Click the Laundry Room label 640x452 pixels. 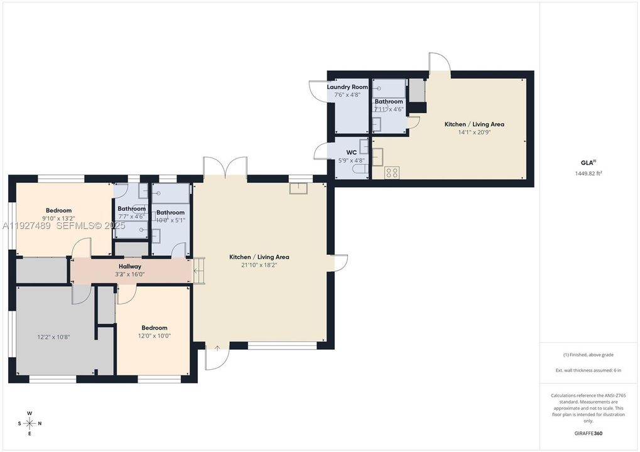coord(347,87)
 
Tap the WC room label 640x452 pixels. coord(352,153)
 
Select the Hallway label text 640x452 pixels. coord(130,267)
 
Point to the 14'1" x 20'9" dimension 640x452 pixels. coord(474,132)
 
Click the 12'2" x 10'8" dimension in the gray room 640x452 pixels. coord(53,337)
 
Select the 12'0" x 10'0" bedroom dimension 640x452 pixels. coord(154,336)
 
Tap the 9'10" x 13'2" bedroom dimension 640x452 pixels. coord(58,218)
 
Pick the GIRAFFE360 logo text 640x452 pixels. coord(589,433)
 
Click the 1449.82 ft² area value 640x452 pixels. coord(588,173)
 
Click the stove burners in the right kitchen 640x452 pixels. coord(392,172)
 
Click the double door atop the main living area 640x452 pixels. coord(225,168)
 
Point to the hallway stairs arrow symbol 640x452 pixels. coord(198,271)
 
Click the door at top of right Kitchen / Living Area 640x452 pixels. coord(440,63)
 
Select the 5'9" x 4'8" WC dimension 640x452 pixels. coord(352,161)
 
